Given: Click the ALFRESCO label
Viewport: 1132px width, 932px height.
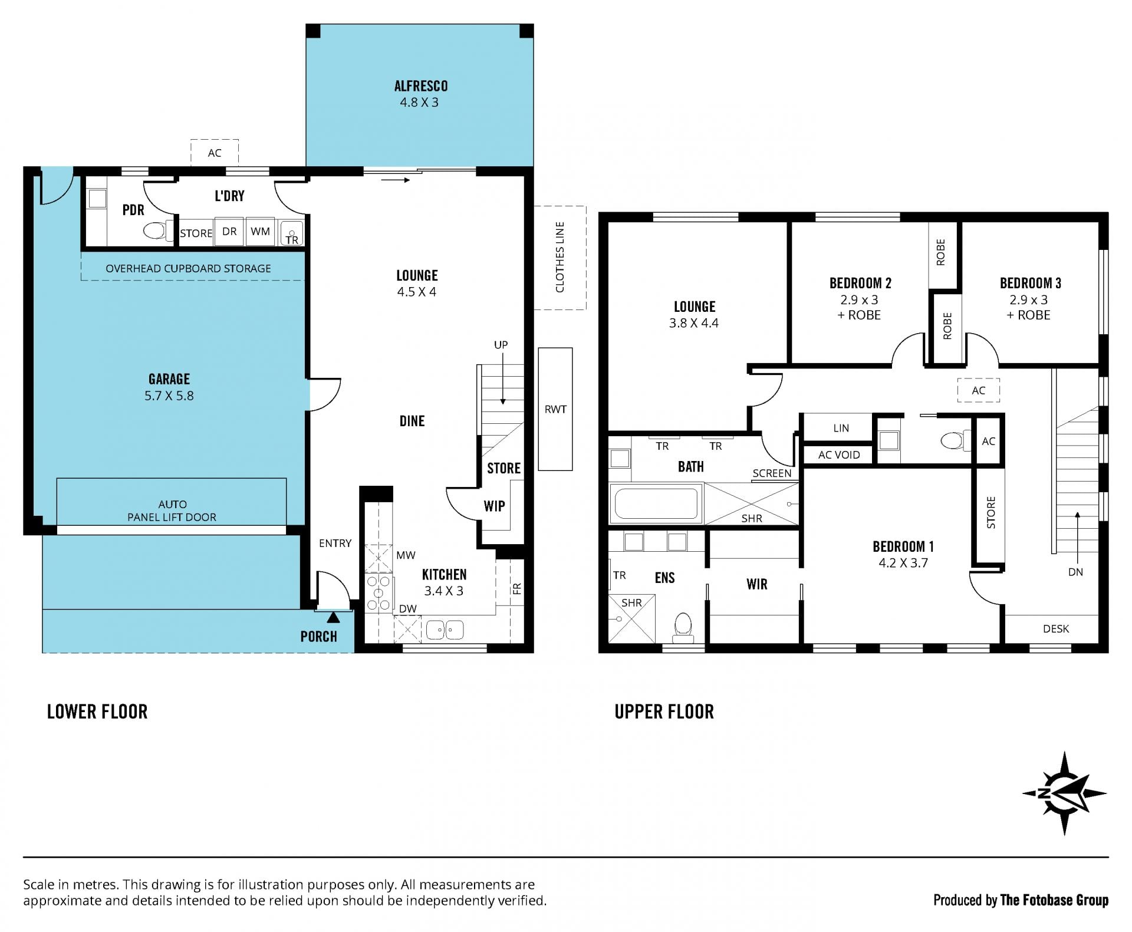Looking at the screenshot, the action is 420,86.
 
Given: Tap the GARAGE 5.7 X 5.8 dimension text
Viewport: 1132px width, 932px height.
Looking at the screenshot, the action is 169,396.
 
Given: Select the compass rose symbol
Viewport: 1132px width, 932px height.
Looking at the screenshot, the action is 1064,793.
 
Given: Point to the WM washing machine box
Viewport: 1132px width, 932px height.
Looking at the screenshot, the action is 260,231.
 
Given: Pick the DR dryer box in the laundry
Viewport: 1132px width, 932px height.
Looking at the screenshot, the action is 229,231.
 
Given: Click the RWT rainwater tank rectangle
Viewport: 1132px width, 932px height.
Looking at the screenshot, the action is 555,409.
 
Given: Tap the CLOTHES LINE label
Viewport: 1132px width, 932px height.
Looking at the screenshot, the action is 560,257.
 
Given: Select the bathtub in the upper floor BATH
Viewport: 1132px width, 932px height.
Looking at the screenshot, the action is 656,503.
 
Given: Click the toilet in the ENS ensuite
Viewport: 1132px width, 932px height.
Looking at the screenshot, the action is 683,628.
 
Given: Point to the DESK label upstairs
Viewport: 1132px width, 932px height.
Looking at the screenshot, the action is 1056,629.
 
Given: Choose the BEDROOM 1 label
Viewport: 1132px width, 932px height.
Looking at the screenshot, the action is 903,546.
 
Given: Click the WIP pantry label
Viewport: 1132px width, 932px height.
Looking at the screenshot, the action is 494,506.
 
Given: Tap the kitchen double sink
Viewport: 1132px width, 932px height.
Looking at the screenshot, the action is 445,630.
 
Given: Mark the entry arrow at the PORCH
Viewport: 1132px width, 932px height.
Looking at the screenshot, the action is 334,617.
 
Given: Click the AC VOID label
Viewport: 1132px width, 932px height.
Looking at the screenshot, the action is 839,455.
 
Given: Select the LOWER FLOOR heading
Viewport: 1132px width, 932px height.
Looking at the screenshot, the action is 97,712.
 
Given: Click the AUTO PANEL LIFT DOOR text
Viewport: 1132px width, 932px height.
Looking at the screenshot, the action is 172,511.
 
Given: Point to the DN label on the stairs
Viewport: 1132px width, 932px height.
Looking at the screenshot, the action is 1075,572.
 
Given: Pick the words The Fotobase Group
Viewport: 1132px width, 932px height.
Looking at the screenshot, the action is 1054,900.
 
